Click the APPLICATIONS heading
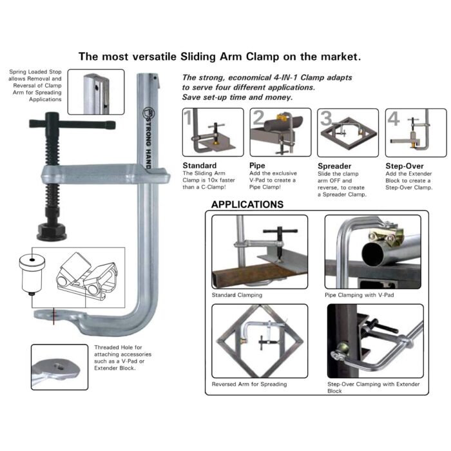pos(247,204)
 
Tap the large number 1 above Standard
pos(188,118)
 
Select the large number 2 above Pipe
pos(258,118)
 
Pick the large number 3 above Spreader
pos(326,118)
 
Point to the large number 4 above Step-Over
pos(394,118)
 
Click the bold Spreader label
pos(334,166)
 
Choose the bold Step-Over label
pos(403,166)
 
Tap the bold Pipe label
pos(256,166)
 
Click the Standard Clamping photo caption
pos(237,296)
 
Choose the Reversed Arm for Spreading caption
pos(249,384)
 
